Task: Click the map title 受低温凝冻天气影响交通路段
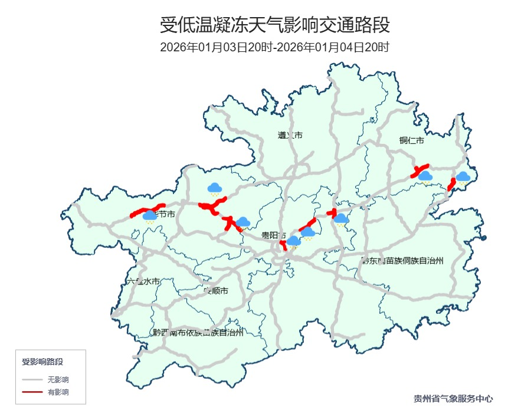point(274,26)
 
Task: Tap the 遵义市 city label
point(290,135)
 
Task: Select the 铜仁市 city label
point(411,140)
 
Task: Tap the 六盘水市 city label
point(143,282)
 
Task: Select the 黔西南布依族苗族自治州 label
point(198,332)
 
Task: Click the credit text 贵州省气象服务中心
point(453,399)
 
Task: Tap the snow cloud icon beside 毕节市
point(150,217)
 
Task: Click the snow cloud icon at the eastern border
point(463,177)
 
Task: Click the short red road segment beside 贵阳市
point(283,244)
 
